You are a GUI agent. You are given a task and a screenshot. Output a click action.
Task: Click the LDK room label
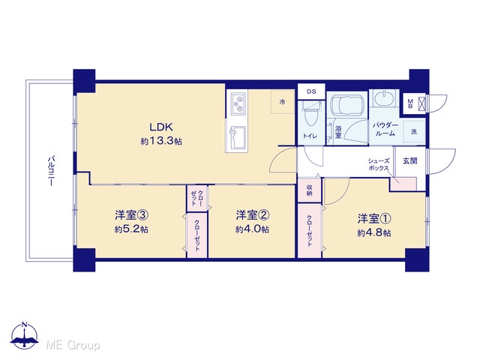click(161, 127)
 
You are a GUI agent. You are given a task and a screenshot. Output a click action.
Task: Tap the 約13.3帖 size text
click(161, 141)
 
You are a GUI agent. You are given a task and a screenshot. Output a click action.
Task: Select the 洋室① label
click(374, 218)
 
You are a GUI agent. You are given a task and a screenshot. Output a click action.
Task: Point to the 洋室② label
click(253, 215)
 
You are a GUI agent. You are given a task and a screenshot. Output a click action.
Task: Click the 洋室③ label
click(132, 215)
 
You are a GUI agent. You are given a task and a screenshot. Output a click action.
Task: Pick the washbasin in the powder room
click(384, 98)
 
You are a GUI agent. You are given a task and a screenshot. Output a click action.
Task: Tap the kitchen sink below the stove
click(238, 137)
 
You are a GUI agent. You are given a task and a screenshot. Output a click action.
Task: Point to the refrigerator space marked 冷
click(282, 102)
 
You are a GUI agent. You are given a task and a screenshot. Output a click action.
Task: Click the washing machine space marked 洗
click(414, 132)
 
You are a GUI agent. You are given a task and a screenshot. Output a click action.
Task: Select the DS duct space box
click(311, 91)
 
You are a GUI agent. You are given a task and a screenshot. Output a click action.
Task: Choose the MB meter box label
click(410, 103)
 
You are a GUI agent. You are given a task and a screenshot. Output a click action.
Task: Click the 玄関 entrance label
click(410, 160)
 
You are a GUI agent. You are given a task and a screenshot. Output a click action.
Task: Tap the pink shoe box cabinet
click(403, 184)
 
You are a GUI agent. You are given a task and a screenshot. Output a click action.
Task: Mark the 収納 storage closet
click(310, 190)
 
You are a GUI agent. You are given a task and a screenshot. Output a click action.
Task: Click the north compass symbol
click(25, 335)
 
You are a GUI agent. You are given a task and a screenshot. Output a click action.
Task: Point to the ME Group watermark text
click(73, 345)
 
